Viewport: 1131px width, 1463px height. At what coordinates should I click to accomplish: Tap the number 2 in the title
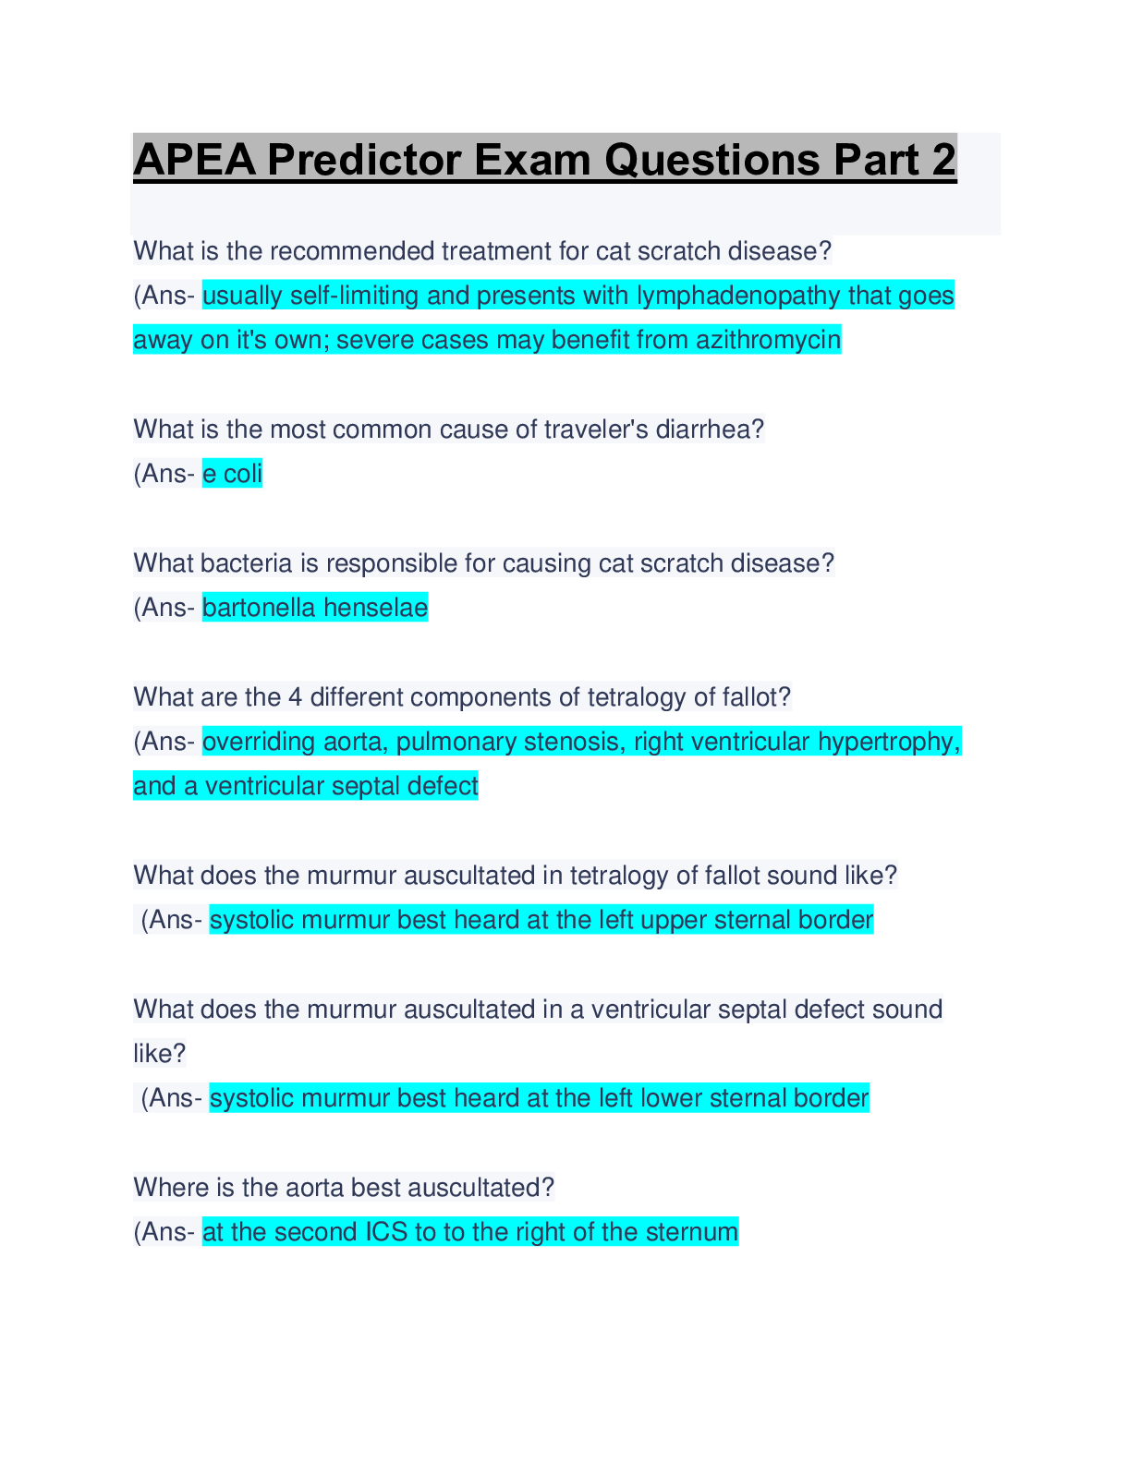click(944, 160)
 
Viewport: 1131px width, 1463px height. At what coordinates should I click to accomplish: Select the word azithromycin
click(769, 340)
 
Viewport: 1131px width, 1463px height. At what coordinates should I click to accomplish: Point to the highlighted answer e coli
click(232, 474)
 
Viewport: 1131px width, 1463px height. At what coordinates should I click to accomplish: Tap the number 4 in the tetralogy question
click(295, 697)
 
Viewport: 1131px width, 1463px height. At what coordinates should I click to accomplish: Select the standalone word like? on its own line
click(160, 1054)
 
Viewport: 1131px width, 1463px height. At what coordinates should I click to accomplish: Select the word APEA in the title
click(195, 160)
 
